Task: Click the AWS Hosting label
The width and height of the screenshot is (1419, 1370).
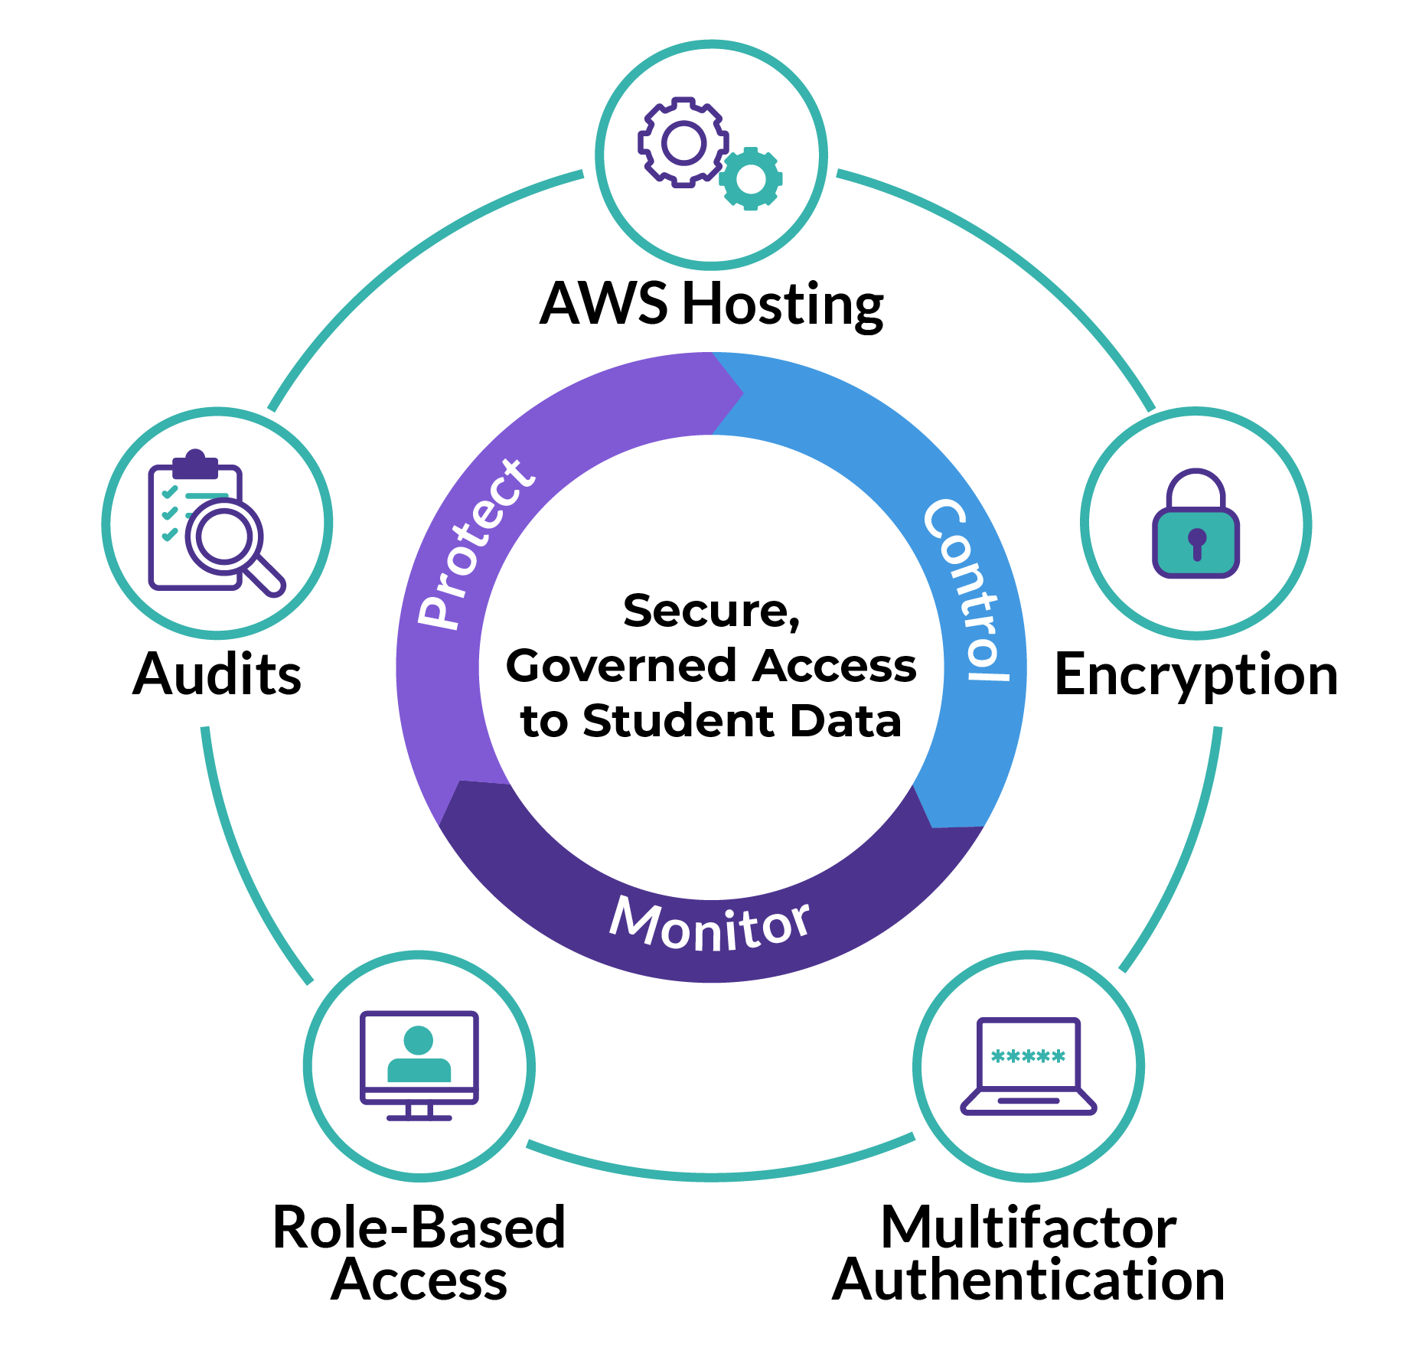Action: pyautogui.click(x=711, y=304)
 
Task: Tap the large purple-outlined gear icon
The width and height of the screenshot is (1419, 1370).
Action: pyautogui.click(x=683, y=142)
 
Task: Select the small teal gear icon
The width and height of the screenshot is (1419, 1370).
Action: pyautogui.click(x=751, y=179)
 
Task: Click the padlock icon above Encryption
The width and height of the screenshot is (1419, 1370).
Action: pyautogui.click(x=1196, y=524)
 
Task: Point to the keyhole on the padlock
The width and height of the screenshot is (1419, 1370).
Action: pyautogui.click(x=1197, y=541)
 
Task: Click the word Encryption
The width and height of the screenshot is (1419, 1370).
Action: pyautogui.click(x=1196, y=675)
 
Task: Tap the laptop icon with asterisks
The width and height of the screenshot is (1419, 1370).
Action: pyautogui.click(x=1029, y=1066)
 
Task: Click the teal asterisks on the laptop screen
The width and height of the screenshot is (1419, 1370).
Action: pyautogui.click(x=1028, y=1057)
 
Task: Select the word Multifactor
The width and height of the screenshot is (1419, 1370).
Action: pyautogui.click(x=1028, y=1228)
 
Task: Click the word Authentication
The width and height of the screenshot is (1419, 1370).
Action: pyautogui.click(x=1028, y=1281)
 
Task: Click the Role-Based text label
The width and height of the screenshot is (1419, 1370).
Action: pyautogui.click(x=419, y=1228)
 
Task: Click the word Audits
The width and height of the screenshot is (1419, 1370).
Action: pyautogui.click(x=217, y=675)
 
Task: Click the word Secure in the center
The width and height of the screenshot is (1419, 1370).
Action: pyautogui.click(x=710, y=611)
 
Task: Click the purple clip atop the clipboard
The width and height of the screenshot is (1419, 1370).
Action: pyautogui.click(x=195, y=464)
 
